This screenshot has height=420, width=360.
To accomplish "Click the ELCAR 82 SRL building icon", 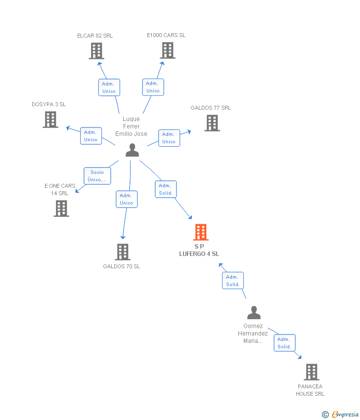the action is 96,51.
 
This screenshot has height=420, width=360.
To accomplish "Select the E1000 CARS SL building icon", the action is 168,50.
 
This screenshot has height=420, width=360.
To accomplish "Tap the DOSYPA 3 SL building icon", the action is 50,120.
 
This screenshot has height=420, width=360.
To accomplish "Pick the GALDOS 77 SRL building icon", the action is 212,123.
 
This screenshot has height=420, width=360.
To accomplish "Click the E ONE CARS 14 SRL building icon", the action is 61,209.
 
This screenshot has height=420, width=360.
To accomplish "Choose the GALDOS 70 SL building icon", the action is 122,252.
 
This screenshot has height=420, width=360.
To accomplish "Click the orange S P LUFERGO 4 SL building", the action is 200,232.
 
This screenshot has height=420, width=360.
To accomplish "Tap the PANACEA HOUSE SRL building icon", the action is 311,372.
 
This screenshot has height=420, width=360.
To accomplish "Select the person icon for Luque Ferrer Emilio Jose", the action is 132,150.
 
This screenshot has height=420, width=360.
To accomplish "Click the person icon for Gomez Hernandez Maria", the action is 254,313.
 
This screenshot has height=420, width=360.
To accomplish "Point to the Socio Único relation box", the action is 97,176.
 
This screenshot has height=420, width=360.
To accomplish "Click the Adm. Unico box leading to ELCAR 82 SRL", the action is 109,87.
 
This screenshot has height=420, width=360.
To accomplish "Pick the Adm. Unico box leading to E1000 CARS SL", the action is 153,87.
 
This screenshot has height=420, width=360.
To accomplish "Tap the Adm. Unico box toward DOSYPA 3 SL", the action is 90,136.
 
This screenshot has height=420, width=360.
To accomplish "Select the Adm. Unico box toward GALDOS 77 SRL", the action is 169,138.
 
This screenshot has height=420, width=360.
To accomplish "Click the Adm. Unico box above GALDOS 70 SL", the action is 126,199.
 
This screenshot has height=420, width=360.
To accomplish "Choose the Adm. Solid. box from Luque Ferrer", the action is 166,189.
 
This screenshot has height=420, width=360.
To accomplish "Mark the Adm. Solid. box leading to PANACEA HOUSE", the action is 284,343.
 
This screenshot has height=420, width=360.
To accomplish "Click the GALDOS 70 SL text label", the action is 122,267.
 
